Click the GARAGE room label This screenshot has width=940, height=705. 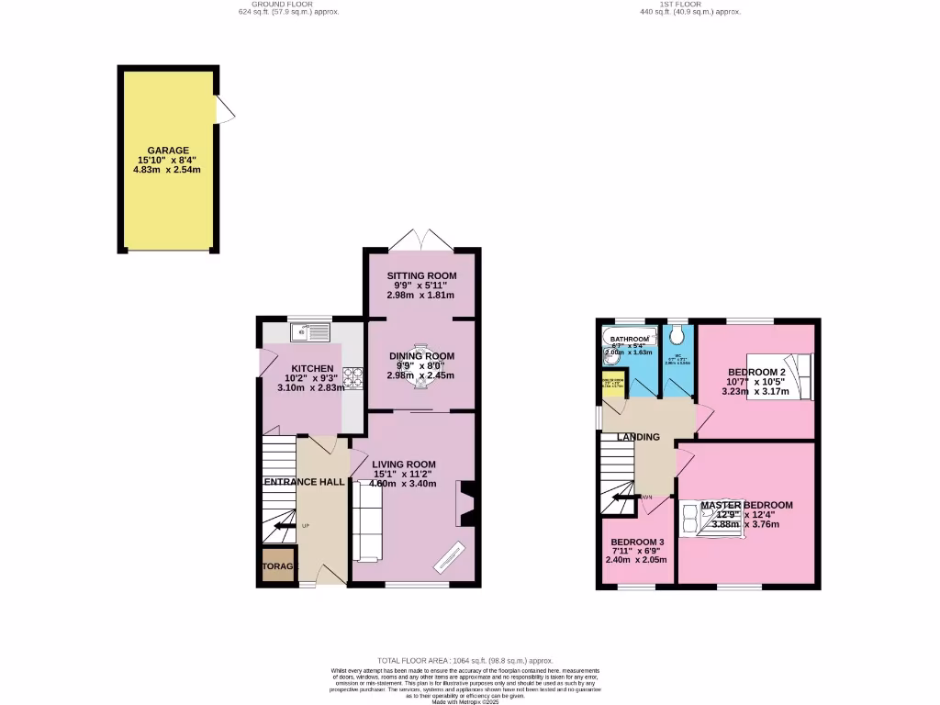tap(169, 150)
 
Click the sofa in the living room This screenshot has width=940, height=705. tap(367, 521)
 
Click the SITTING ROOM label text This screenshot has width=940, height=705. tap(421, 275)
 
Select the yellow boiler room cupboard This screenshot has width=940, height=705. tap(612, 385)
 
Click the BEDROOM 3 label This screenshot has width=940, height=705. tap(636, 542)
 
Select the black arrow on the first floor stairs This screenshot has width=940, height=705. tap(624, 498)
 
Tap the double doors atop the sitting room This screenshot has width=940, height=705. tap(420, 239)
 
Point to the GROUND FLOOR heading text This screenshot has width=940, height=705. tap(275, 5)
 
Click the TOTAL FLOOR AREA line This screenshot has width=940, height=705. tap(465, 661)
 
